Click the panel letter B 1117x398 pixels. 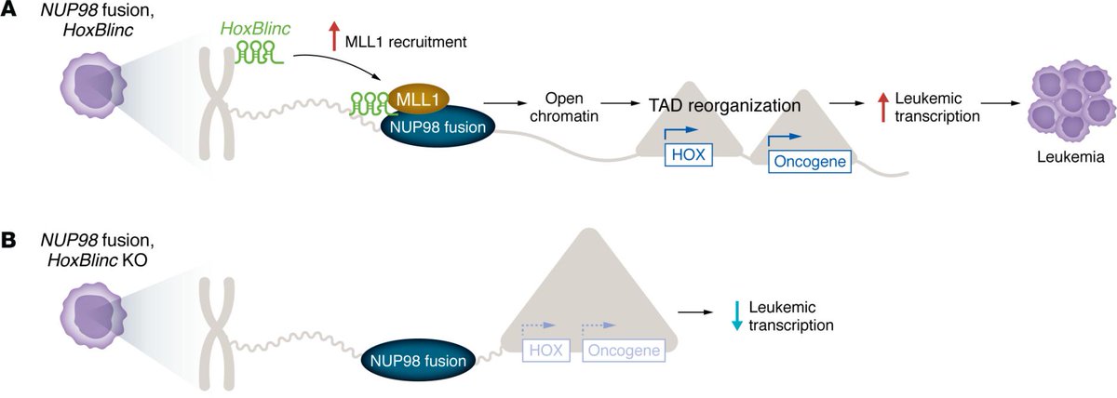tap(9, 240)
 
